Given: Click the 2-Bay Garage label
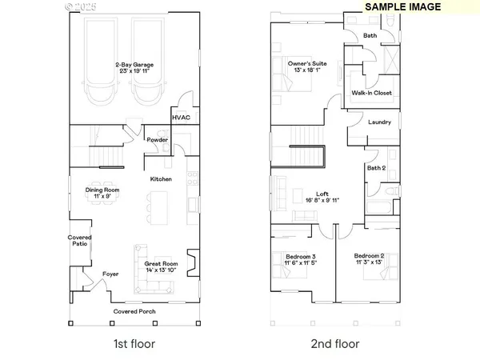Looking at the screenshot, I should tap(133, 63).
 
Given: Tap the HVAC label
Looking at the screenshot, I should tap(182, 117).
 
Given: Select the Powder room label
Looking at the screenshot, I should tap(157, 139).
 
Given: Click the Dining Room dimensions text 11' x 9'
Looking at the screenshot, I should tap(102, 196).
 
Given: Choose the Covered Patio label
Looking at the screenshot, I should tap(79, 241).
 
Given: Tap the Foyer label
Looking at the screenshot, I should tap(110, 274).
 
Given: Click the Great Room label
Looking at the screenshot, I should tap(161, 263).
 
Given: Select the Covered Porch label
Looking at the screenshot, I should tap(134, 311).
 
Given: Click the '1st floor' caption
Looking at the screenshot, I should tap(134, 344).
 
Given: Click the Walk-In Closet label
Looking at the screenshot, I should tap(371, 93).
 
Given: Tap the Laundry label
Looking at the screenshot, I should tap(379, 122).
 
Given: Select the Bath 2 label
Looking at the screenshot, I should tap(377, 168).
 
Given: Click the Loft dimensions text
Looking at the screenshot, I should tap(323, 201).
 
